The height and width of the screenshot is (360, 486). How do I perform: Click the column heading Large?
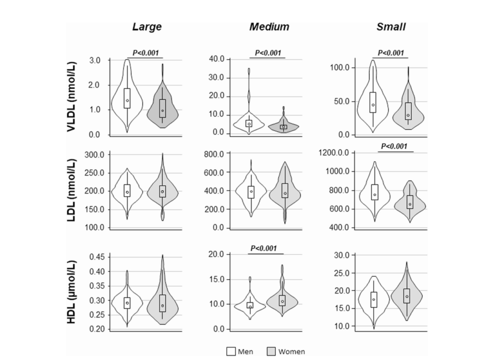(147, 27)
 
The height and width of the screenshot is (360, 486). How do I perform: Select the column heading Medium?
(269, 27)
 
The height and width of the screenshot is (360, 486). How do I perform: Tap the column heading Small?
(391, 27)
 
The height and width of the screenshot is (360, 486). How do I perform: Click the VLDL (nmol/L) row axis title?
(73, 98)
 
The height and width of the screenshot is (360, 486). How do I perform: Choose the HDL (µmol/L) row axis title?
(73, 293)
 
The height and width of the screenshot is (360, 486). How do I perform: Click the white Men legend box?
(231, 351)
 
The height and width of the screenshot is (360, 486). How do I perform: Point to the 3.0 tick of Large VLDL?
(94, 60)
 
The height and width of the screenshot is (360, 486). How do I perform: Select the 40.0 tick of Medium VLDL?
(217, 59)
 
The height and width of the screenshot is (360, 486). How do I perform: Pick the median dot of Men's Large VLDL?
(127, 101)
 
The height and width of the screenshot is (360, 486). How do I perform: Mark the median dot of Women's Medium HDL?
(282, 302)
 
